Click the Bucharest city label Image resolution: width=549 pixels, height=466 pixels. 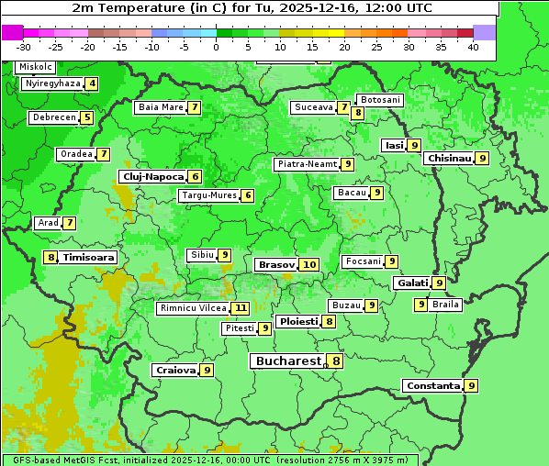click(287, 361)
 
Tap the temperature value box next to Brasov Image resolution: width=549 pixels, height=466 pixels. click(309, 265)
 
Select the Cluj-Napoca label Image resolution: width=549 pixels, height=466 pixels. click(152, 176)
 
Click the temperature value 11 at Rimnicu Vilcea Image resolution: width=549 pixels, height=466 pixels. click(241, 308)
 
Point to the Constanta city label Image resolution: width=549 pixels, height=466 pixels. click(432, 386)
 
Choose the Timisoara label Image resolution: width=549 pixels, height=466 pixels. click(89, 258)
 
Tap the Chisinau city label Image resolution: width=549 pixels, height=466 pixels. click(449, 158)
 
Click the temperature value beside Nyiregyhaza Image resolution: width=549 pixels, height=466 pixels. click(92, 83)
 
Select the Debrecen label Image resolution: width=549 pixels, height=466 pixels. click(52, 117)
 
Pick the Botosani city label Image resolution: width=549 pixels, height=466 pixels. click(380, 99)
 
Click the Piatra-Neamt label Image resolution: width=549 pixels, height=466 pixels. click(307, 164)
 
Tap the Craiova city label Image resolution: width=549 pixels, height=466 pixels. click(175, 371)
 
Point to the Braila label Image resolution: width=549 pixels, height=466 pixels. click(445, 305)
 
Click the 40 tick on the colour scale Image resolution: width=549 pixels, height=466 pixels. click(473, 47)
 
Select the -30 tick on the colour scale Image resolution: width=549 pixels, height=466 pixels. click(24, 47)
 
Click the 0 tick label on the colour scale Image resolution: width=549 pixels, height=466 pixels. click(216, 47)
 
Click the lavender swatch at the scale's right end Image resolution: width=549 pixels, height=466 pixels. click(485, 32)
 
